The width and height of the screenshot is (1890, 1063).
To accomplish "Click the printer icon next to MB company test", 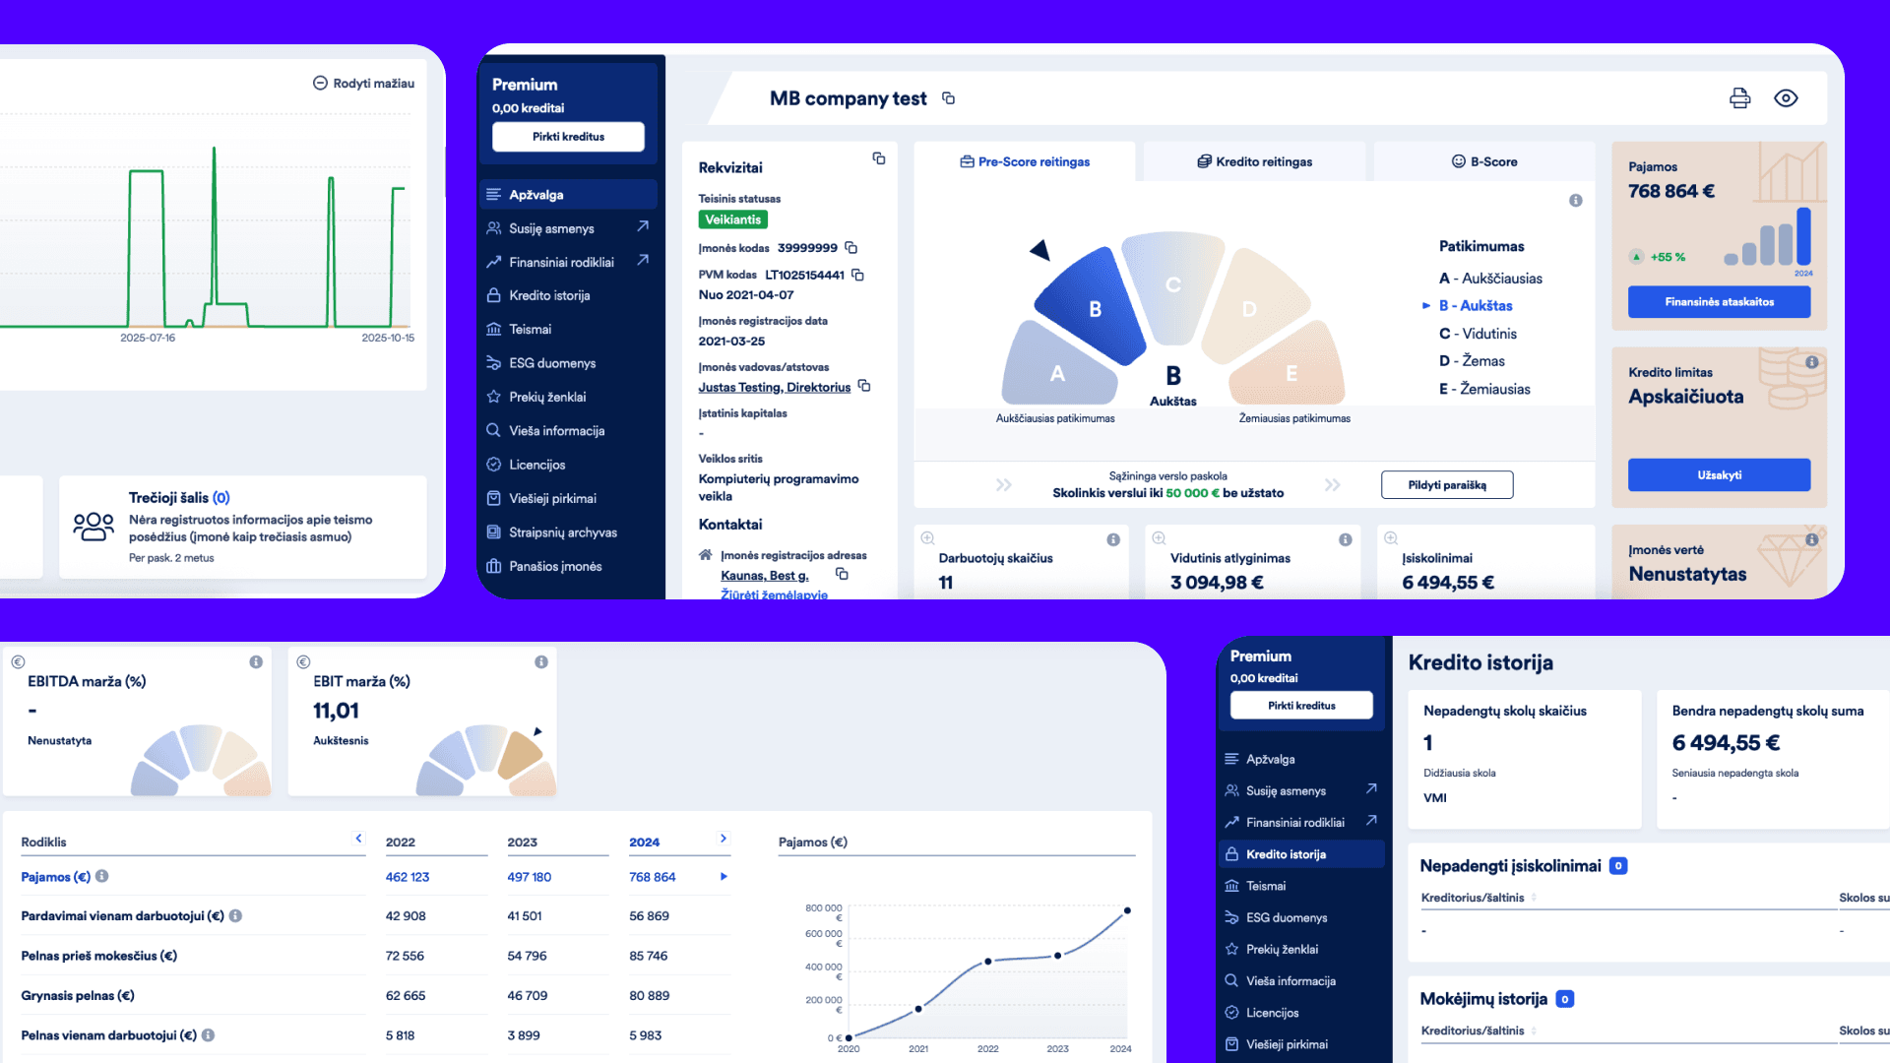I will pos(1739,98).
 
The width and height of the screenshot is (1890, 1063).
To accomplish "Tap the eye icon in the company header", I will pos(1786,98).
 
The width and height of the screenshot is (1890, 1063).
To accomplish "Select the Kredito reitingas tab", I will pos(1254,161).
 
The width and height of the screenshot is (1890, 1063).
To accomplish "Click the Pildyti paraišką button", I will pos(1446,485).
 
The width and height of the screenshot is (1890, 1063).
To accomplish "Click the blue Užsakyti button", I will pos(1719,475).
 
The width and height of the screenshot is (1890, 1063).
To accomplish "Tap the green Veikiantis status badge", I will pos(732,219).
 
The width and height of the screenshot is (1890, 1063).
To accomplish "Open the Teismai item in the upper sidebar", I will pos(530,330).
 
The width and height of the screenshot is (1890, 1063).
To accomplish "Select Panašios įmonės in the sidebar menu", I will pos(555,567).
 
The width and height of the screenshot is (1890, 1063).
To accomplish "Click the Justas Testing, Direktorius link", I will pos(774,388).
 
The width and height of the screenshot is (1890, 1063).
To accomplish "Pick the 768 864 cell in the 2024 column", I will pos(652,877).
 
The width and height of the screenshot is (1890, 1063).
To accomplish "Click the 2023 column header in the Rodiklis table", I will pos(522,843).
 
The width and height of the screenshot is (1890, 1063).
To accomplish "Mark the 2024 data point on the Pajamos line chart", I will pos(1127,910).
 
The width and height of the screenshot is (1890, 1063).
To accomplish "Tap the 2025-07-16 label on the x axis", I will pos(148,338).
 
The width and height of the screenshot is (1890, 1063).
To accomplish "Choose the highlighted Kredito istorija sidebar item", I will pos(1286,854).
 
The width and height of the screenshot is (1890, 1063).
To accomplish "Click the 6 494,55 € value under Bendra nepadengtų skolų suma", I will pos(1726,743).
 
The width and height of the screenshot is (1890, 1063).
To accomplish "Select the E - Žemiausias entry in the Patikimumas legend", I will pos(1484,389).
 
